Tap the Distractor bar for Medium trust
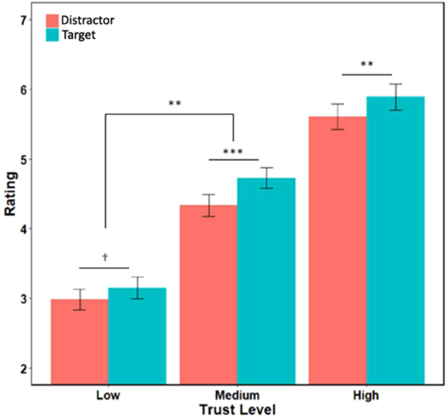208,294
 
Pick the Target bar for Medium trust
266,281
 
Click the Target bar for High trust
395,241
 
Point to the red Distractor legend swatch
51,20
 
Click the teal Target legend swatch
51,35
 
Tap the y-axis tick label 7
24,20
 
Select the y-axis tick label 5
24,160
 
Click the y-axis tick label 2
24,369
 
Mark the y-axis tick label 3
24,299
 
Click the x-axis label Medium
236,396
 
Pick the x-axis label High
366,396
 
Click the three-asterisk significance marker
233,153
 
